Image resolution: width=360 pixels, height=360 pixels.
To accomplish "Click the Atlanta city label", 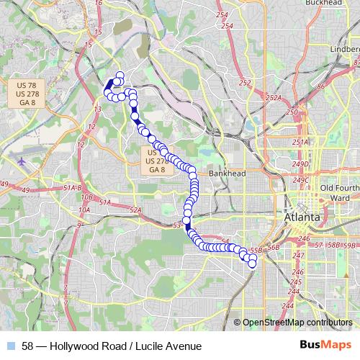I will tap(302, 217).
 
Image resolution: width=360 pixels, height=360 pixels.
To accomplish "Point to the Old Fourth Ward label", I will tap(335, 193).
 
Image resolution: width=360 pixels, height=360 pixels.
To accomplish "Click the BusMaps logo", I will tap(326, 346).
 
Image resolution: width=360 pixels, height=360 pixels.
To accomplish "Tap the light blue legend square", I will tap(11, 346).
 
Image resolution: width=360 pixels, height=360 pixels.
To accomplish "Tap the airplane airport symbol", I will tap(21, 161).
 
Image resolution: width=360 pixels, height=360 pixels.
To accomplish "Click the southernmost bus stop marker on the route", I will tap(252, 264).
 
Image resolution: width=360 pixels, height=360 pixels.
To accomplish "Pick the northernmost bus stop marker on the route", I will tap(119, 75).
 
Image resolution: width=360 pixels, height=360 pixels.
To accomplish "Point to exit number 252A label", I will tap(273, 98).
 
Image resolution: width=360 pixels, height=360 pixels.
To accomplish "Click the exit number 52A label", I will tap(135, 210).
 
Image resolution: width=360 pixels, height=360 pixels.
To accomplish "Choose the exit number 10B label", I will tap(86, 197).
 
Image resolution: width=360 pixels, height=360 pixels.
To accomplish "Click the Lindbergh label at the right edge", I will tap(345, 48).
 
